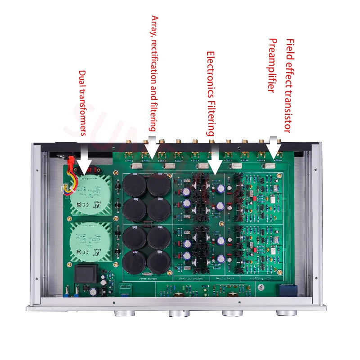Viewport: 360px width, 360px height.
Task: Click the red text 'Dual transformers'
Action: click(x=82, y=103)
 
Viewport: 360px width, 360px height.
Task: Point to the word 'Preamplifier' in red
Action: click(x=272, y=65)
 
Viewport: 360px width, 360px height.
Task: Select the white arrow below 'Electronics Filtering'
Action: click(x=214, y=160)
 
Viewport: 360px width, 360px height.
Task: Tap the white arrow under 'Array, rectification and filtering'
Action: click(x=152, y=144)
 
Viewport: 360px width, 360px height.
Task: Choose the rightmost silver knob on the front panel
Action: click(x=285, y=313)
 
